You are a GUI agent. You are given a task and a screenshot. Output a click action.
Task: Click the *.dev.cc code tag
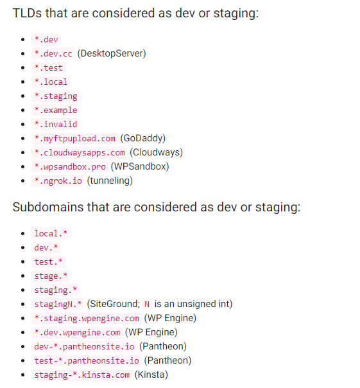(53, 54)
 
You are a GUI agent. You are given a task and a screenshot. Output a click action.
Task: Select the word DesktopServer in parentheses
(112, 53)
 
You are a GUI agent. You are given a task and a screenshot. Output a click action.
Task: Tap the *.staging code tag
(55, 96)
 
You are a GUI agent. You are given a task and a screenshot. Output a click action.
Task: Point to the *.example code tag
(55, 110)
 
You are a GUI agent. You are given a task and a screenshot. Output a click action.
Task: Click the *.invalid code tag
(55, 125)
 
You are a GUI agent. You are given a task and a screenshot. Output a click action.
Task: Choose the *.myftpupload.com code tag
(74, 139)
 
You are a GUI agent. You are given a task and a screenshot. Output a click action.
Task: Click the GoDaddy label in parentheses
(143, 138)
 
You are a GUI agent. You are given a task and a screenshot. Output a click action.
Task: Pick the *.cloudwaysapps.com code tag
(79, 153)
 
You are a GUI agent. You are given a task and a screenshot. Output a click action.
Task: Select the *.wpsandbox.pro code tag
(70, 167)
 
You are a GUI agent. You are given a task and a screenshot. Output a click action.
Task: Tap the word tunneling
(110, 181)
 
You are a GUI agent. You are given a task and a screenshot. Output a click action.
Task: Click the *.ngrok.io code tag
(58, 181)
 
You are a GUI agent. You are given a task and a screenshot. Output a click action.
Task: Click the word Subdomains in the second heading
(48, 207)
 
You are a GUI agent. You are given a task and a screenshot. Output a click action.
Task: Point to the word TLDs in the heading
(27, 13)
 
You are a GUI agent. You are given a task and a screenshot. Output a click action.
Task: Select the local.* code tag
(51, 234)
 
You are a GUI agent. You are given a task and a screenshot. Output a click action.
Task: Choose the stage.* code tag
(51, 276)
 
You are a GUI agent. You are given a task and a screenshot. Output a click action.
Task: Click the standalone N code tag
(147, 304)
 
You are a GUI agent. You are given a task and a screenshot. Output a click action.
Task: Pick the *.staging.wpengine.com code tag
(87, 318)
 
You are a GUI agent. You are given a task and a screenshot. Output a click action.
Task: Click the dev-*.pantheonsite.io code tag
(84, 346)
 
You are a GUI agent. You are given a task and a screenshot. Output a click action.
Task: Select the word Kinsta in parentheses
(151, 375)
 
